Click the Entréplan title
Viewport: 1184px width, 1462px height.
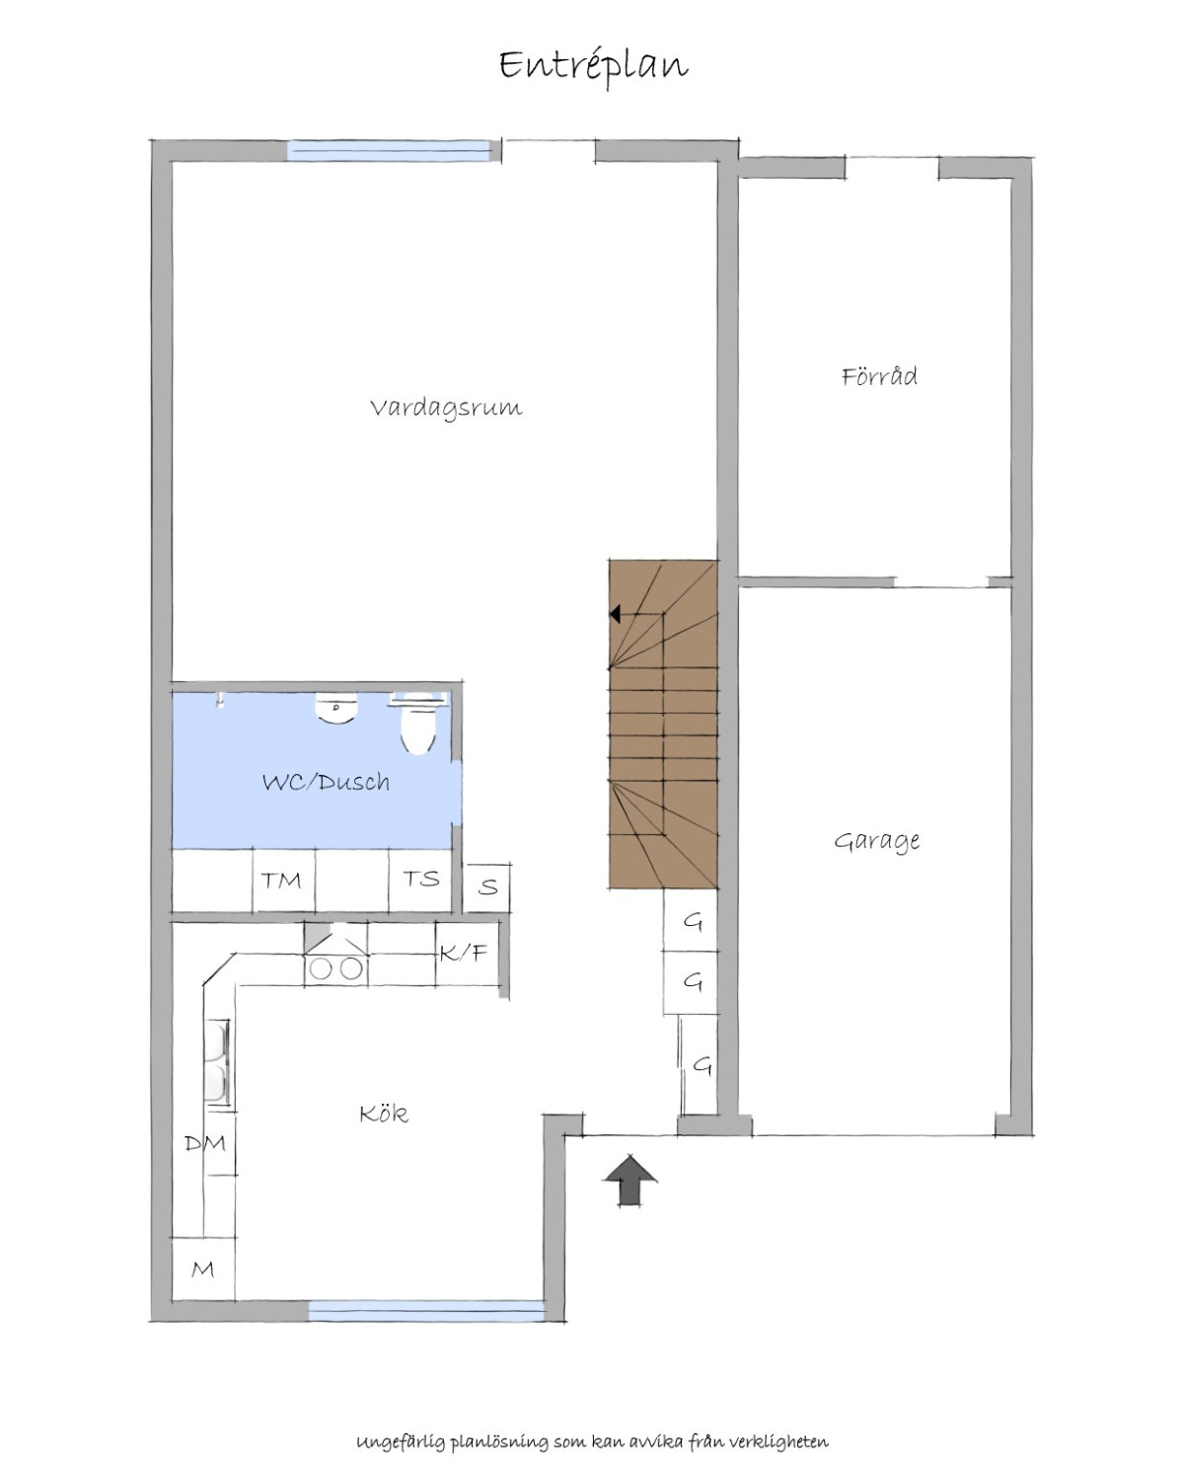click(x=593, y=66)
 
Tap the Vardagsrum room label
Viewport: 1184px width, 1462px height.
click(x=446, y=408)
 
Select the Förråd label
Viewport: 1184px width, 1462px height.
click(x=879, y=375)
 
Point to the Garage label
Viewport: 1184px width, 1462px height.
click(x=877, y=841)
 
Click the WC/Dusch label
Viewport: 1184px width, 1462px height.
click(x=326, y=782)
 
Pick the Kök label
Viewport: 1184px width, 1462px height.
click(x=384, y=1114)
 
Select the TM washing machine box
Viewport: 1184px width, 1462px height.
click(x=284, y=881)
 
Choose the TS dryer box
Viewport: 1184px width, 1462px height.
click(x=420, y=880)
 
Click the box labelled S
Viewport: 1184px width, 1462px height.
click(x=486, y=888)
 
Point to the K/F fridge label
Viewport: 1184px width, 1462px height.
click(x=464, y=954)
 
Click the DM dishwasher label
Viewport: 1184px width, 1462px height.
click(x=205, y=1143)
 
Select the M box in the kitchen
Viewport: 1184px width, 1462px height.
click(x=203, y=1270)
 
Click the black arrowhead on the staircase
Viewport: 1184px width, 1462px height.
click(x=616, y=614)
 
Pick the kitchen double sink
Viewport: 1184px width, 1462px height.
click(x=217, y=1062)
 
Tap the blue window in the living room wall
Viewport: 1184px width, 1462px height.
click(x=389, y=150)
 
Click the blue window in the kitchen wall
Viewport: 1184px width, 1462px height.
click(x=426, y=1311)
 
